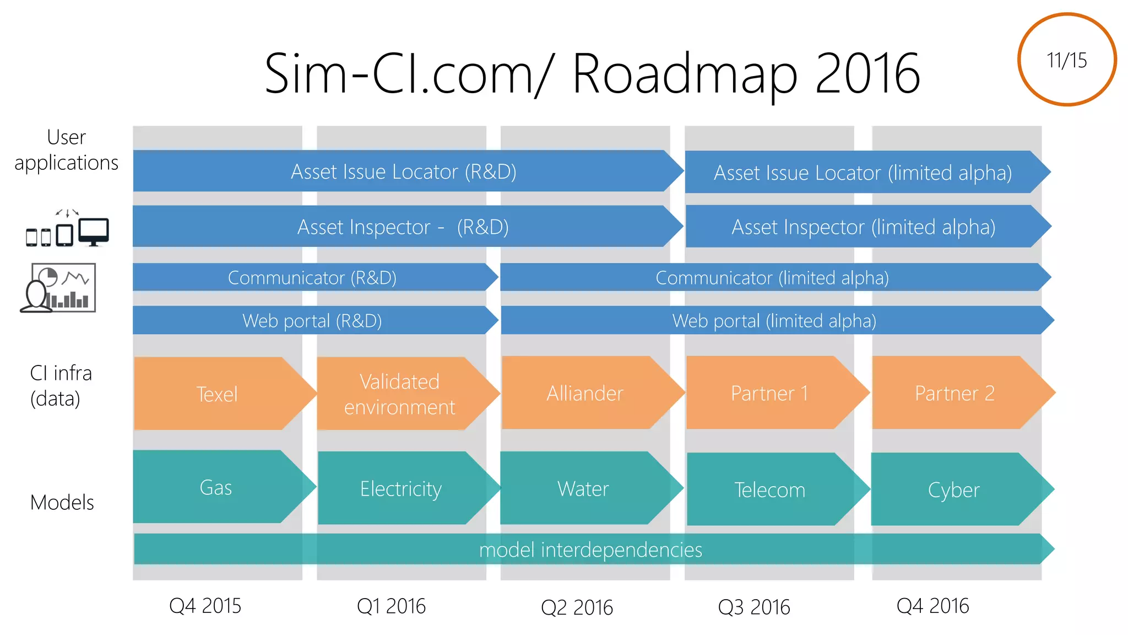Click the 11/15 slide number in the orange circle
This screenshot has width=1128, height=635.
click(1066, 60)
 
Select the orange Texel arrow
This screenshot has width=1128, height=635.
click(217, 394)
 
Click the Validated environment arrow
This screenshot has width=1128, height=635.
click(399, 394)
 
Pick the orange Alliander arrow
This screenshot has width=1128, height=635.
click(584, 393)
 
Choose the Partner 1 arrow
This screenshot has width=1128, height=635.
click(769, 393)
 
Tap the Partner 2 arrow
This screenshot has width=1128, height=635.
click(954, 393)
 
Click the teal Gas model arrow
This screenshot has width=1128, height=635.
click(215, 487)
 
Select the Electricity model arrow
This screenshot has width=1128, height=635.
click(400, 488)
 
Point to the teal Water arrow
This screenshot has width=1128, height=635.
click(583, 488)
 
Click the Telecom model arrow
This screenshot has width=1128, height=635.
click(769, 489)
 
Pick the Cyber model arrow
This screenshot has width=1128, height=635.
click(953, 489)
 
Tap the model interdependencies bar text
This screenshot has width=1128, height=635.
click(590, 550)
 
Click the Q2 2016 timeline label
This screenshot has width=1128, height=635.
click(577, 607)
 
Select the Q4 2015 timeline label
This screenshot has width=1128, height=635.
click(205, 605)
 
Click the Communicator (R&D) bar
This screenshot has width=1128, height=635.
click(312, 277)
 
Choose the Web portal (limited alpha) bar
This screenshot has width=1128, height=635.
click(774, 320)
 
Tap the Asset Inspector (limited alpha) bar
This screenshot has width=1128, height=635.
click(863, 227)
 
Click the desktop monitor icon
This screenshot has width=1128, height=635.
click(93, 232)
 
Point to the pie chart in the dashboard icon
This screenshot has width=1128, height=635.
click(48, 277)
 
